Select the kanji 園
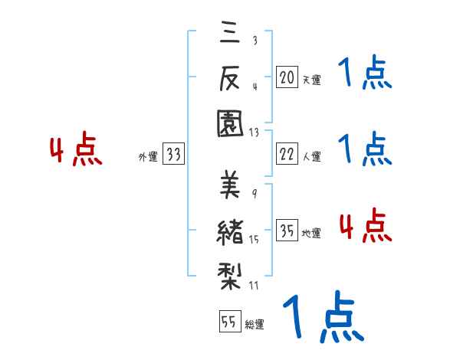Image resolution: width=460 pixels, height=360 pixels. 229,122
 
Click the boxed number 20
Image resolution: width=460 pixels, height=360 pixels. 287,77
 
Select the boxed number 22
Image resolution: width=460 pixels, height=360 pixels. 287,153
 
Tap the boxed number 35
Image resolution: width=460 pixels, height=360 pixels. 287,230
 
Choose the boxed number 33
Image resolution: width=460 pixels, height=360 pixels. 173,155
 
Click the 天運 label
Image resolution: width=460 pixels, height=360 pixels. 311,80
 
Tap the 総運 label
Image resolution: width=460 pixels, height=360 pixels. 254,324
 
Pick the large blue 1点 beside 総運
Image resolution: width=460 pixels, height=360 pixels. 322,317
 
